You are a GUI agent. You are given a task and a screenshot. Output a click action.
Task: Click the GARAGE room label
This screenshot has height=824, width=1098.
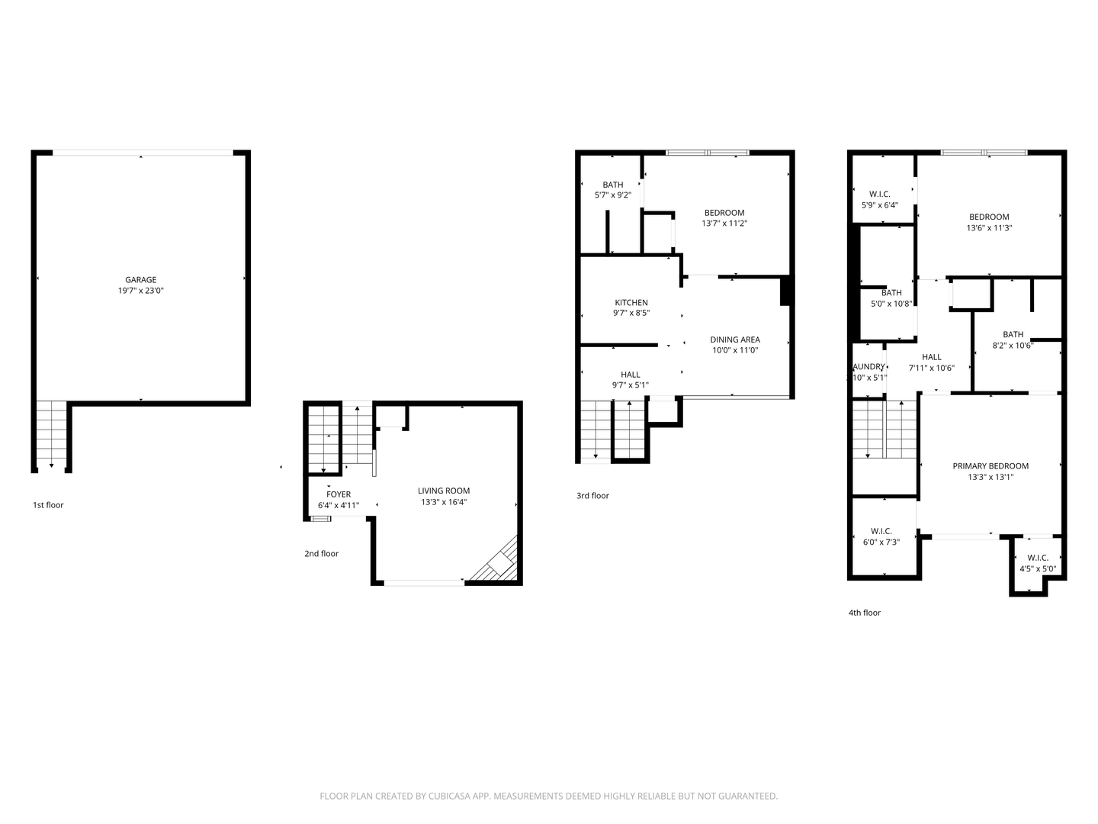[140, 280]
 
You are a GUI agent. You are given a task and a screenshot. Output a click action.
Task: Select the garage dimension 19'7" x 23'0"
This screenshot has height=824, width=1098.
[140, 291]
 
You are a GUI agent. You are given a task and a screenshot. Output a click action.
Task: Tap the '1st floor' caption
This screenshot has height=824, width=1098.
[48, 505]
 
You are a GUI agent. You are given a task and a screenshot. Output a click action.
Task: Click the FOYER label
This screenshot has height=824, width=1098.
[339, 494]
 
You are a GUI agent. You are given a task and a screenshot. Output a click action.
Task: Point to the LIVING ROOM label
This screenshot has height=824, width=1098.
[444, 491]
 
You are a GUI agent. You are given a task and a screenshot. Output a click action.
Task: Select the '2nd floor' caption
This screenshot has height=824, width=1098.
[321, 554]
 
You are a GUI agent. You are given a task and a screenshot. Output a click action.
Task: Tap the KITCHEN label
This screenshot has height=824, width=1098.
[631, 303]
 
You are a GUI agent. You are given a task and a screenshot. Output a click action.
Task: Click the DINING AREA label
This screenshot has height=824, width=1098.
[735, 340]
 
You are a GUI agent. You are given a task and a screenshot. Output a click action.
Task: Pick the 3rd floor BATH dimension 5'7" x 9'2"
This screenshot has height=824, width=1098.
[613, 195]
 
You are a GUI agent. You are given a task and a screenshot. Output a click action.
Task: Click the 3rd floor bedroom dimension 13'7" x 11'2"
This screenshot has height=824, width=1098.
[724, 224]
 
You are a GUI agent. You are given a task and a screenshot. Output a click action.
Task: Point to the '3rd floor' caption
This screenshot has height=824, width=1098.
[592, 496]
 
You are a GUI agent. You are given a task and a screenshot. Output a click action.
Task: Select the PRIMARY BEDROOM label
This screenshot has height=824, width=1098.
[990, 466]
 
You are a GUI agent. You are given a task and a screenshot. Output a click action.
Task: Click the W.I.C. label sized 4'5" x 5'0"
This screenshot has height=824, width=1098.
[1038, 558]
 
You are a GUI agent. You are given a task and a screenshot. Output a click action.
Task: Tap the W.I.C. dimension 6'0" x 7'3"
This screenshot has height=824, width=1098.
[881, 542]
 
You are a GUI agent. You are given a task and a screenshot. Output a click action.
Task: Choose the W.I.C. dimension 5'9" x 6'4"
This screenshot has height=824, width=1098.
[880, 205]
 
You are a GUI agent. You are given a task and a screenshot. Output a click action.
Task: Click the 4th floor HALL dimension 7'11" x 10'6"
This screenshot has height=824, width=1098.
[932, 368]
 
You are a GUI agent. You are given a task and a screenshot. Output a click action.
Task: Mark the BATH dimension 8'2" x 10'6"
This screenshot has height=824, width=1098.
[1013, 346]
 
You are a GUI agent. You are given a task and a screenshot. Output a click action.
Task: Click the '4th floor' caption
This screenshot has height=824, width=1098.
[865, 613]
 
